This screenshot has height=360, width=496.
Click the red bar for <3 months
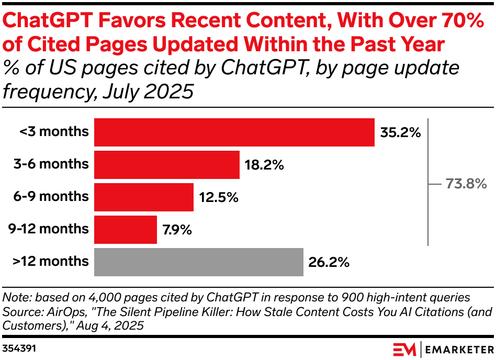click(234, 132)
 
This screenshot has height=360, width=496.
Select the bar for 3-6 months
click(166, 165)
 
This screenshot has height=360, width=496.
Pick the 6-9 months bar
click(143, 197)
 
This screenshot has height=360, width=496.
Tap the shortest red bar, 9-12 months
click(125, 230)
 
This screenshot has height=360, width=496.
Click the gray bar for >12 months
click(198, 262)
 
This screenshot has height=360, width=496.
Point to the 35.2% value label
click(400, 133)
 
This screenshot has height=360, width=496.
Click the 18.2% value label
click(264, 165)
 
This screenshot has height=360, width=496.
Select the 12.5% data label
click(218, 198)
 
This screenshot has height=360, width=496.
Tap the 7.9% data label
click(177, 230)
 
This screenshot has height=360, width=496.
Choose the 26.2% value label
click(328, 262)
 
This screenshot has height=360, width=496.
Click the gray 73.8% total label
click(466, 184)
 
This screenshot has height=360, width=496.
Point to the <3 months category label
click(54, 132)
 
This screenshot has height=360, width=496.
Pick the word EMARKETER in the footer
click(456, 348)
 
